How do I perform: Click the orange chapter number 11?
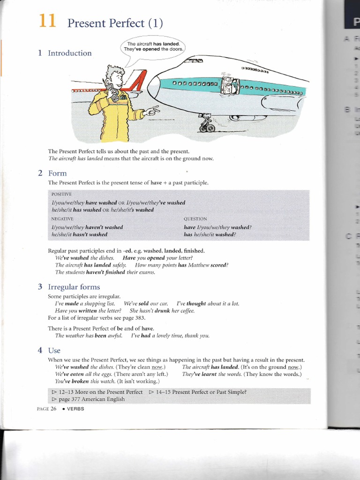click(47, 21)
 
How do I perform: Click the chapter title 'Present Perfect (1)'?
click(115, 23)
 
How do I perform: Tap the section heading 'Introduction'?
click(70, 53)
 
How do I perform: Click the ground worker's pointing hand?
click(152, 111)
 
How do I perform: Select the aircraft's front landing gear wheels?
click(207, 127)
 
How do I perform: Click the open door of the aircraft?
click(229, 86)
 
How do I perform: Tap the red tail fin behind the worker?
click(136, 84)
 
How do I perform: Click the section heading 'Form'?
click(57, 173)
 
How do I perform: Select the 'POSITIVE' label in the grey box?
click(61, 194)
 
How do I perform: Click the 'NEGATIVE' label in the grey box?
click(62, 219)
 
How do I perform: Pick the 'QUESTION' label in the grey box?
click(195, 219)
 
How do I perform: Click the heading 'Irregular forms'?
click(74, 287)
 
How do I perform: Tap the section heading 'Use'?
click(54, 350)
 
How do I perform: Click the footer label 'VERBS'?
click(75, 409)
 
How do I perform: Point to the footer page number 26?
click(53, 409)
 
